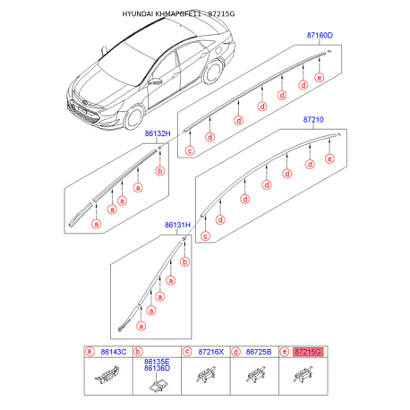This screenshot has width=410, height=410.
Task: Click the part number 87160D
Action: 320,35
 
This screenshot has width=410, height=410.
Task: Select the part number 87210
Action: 313,120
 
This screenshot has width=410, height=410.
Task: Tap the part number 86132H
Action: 158,133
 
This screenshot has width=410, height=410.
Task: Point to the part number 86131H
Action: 177,225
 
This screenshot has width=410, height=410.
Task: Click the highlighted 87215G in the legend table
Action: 308,352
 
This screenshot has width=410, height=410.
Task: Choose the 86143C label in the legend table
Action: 114,352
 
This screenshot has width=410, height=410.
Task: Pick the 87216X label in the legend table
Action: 211,352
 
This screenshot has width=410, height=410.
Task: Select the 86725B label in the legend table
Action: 259,352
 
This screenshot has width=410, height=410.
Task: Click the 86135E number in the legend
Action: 157,362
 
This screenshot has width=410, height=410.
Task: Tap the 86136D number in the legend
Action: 157,368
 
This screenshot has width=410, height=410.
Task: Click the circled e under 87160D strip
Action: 320,78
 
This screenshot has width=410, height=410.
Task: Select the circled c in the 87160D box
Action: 190,150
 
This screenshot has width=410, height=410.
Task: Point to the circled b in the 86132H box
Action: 160,171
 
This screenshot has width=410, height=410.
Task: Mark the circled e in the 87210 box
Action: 329,158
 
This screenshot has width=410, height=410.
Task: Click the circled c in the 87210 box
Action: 205,236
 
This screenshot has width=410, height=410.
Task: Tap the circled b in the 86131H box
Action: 184,262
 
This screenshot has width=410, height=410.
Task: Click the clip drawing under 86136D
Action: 158,385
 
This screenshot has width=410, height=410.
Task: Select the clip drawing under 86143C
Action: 107,374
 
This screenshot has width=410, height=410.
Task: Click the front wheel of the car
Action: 134,117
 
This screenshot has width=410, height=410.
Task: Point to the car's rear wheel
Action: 213,72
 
